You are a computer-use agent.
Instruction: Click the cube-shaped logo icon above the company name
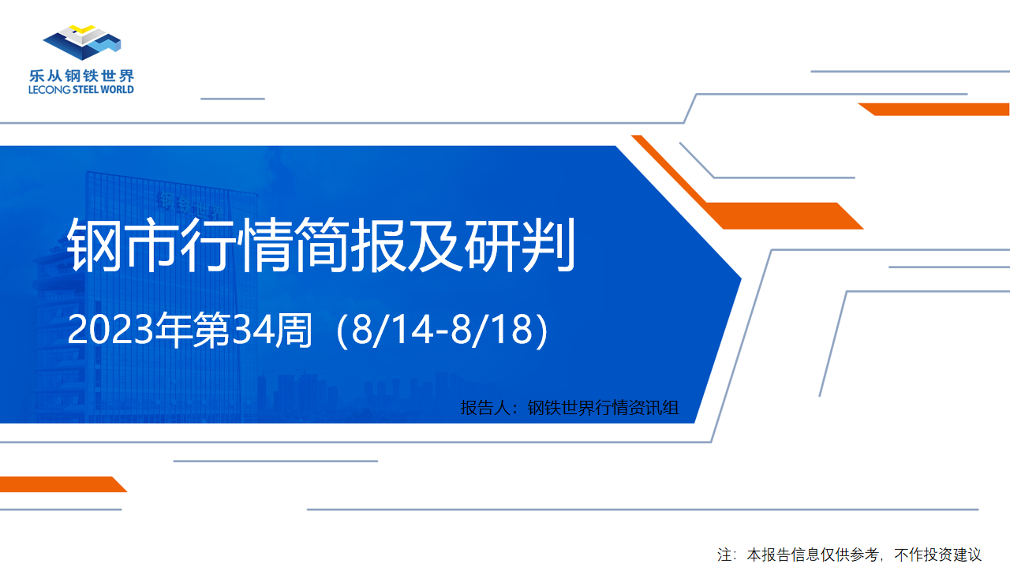82,43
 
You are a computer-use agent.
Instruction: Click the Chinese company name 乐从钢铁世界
81,76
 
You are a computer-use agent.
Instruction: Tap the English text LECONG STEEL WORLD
81,89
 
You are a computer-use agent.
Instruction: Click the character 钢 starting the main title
94,245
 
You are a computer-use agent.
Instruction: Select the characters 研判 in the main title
520,245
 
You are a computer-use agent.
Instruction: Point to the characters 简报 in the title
351,245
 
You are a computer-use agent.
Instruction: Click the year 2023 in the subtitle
111,330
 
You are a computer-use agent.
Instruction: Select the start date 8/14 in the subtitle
391,330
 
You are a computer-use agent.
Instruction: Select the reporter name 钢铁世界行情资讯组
604,408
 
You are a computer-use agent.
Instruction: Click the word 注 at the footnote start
724,555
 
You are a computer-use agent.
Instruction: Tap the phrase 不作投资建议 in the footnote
938,555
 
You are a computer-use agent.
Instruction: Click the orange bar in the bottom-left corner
63,484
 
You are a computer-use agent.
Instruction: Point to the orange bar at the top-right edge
933,109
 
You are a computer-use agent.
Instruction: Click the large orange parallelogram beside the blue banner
784,215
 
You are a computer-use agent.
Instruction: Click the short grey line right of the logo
233,99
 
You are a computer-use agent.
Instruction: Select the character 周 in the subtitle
294,330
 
